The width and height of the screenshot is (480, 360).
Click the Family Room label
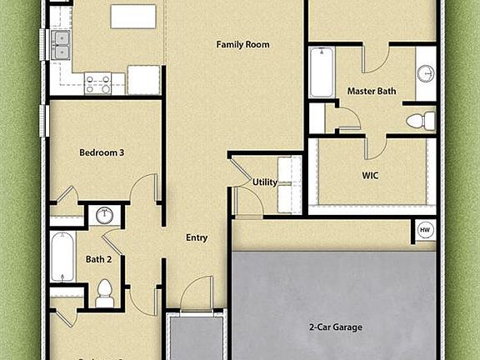click(242, 44)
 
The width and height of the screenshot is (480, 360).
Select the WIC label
click(371, 176)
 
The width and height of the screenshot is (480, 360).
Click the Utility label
click(265, 182)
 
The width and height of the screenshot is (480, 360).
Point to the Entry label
click(197, 238)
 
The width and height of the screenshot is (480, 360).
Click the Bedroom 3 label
click(102, 152)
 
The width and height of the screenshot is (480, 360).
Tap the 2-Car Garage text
click(335, 327)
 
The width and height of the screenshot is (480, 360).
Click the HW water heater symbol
click(424, 229)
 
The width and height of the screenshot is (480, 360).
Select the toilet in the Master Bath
click(419, 120)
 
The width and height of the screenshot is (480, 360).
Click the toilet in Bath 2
click(105, 292)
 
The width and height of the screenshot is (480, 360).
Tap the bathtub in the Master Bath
click(321, 72)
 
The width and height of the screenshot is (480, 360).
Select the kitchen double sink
click(60, 45)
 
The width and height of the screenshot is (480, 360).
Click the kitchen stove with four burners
click(98, 83)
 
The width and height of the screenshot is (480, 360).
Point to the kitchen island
click(134, 17)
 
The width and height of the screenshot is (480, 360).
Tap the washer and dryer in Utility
click(289, 182)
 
